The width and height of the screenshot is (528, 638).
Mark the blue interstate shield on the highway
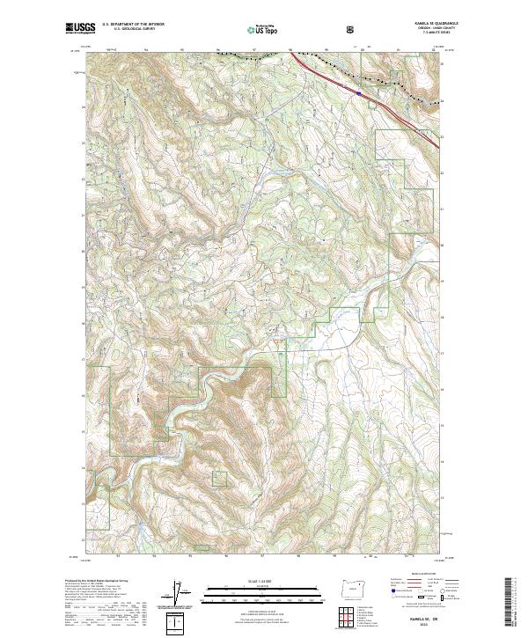[x=360, y=88]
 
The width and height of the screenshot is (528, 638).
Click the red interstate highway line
[x=326, y=74]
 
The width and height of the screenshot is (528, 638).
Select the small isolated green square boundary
[x=219, y=479]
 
